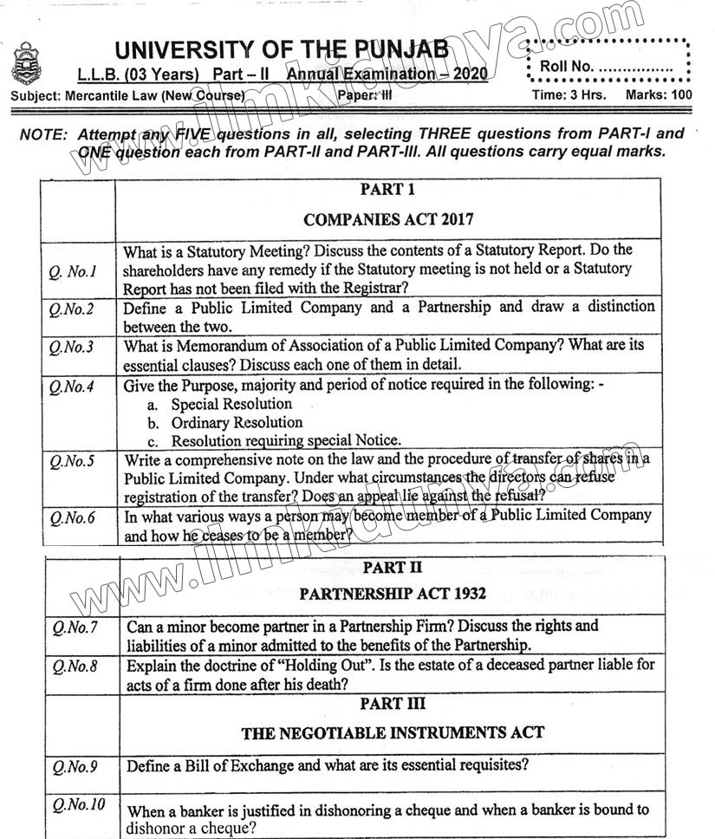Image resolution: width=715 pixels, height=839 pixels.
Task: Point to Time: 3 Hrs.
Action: pyautogui.click(x=569, y=95)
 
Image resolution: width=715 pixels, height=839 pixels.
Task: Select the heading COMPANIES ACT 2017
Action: pyautogui.click(x=388, y=219)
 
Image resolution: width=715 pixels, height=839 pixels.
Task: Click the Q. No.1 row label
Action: pyautogui.click(x=72, y=271)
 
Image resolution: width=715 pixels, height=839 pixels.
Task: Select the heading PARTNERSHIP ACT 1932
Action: pyautogui.click(x=392, y=594)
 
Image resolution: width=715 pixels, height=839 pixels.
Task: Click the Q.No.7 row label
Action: pyautogui.click(x=75, y=627)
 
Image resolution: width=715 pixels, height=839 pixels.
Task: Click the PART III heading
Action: pyautogui.click(x=393, y=703)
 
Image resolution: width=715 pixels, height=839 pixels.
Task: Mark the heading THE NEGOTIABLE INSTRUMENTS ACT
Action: pyautogui.click(x=393, y=733)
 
